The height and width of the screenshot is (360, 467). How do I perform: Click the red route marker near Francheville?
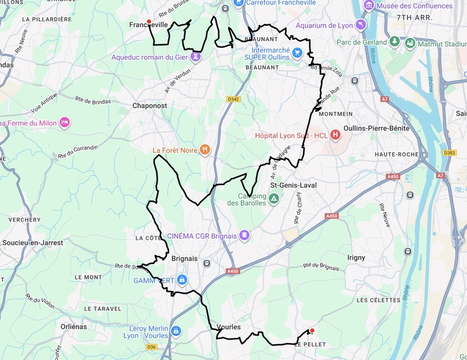pos(149,22)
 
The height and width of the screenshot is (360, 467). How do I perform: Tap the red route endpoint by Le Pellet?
pos(312,330)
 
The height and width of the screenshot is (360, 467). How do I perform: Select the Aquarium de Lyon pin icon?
pos(360,25)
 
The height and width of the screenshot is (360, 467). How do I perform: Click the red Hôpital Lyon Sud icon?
pos(335,134)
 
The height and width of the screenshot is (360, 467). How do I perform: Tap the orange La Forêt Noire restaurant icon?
pos(205,150)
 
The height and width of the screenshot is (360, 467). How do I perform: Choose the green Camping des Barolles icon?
pos(274,199)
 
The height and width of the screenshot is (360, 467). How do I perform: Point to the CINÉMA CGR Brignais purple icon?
pos(244,236)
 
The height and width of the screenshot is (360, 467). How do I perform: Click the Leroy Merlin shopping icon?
pos(176,330)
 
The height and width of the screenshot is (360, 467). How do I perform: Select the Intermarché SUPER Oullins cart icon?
pos(297,53)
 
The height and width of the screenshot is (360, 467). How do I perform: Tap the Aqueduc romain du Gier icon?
pos(196,57)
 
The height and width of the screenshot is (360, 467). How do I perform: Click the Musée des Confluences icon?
pos(369,6)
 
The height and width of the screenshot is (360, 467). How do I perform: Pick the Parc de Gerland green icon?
pos(395,42)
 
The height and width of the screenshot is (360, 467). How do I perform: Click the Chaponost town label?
pos(149,106)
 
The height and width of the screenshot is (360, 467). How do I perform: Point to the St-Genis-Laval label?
pos(293,185)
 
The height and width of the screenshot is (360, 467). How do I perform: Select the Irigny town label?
pos(356,258)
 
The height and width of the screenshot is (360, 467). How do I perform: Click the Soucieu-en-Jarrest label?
pos(33,242)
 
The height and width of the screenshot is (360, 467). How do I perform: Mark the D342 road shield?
pos(233,99)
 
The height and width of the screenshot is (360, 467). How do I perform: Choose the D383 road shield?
pos(449,153)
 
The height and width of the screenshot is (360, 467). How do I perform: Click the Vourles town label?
pos(228,327)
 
